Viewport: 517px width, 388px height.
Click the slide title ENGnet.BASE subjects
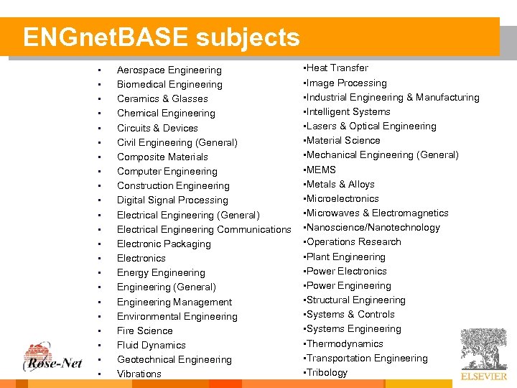coord(161,37)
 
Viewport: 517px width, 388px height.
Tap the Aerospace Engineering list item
coord(169,70)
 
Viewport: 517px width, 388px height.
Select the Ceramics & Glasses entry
coord(162,99)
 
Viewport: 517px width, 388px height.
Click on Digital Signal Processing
coord(172,200)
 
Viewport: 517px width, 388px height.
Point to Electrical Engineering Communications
coord(204,229)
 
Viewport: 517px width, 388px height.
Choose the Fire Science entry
coord(144,331)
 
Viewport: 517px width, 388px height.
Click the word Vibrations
coord(139,374)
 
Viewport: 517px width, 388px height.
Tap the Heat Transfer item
coord(337,68)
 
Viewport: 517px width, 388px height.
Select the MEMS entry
coord(321,170)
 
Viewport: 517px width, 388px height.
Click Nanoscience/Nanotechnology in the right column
coord(373,228)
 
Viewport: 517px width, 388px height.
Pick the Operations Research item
coord(353,242)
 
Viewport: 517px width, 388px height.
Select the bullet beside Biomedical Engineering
coord(98,85)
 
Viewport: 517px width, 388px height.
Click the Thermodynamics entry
coord(345,343)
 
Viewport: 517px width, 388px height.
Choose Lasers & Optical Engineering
coord(371,126)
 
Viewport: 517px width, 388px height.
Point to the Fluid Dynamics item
coord(151,345)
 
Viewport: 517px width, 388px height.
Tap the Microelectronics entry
coord(343,199)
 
